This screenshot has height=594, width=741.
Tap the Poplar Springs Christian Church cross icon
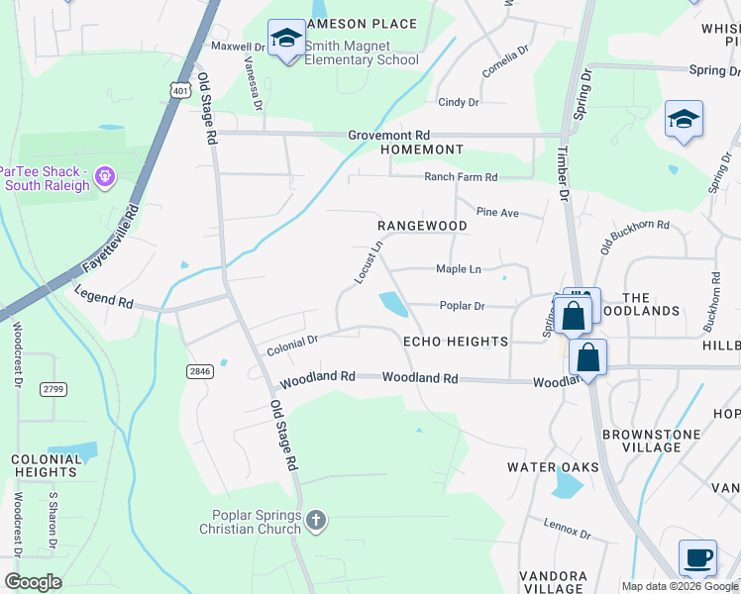(x=315, y=520)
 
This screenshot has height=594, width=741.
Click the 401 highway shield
(x=179, y=91)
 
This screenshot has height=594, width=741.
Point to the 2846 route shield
(x=199, y=370)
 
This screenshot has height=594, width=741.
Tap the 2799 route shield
(x=53, y=389)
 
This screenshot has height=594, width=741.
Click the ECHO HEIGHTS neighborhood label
(x=456, y=342)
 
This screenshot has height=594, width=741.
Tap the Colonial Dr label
(x=291, y=346)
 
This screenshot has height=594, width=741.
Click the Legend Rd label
(x=104, y=299)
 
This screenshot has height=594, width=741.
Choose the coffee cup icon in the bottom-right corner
(x=697, y=557)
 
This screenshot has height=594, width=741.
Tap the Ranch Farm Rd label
(x=461, y=177)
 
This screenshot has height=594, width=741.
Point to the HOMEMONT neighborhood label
(x=422, y=150)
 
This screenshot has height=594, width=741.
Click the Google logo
(x=33, y=582)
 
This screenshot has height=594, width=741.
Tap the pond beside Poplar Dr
(x=393, y=304)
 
